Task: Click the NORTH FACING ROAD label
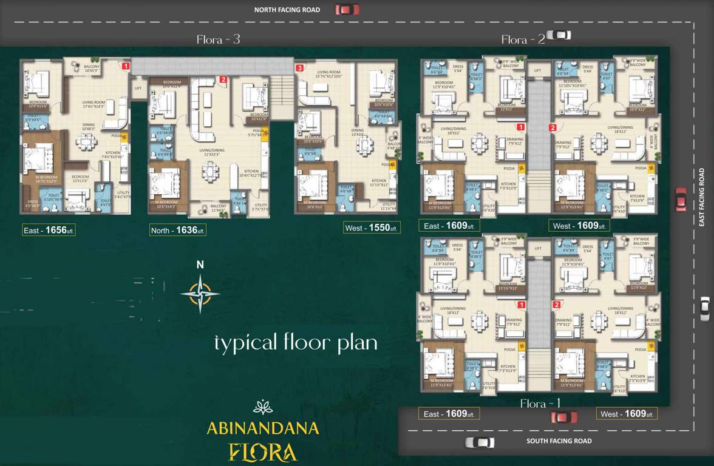287,10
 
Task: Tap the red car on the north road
347,9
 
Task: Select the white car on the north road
559,35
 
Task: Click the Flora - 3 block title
219,39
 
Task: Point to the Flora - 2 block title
523,40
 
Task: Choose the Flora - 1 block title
540,404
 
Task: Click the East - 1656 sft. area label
49,230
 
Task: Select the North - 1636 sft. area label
178,230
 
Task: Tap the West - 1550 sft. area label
370,228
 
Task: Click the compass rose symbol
200,294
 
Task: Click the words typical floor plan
296,343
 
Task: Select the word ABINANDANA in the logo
262,428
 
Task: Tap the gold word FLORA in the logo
262,452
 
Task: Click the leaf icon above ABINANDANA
262,407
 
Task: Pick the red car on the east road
681,199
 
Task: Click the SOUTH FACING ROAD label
559,441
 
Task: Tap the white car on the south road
479,442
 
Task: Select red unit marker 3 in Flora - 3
300,69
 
